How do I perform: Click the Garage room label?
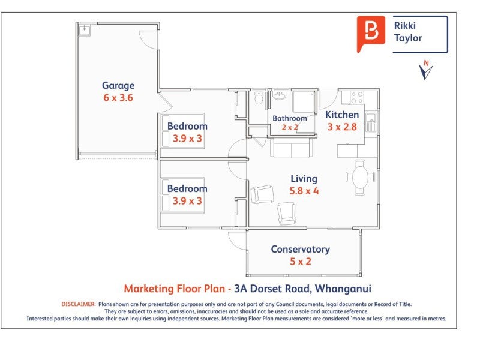click(x=118, y=85)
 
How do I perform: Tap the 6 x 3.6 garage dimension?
click(x=118, y=98)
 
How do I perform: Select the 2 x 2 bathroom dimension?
click(x=289, y=127)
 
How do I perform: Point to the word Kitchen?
click(x=342, y=115)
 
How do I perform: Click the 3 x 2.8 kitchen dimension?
click(x=342, y=127)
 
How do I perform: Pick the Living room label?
click(x=304, y=178)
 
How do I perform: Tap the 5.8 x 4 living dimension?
click(x=304, y=191)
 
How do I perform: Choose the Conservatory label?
click(x=300, y=249)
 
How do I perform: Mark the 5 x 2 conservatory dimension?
click(x=300, y=262)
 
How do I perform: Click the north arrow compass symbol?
click(x=426, y=70)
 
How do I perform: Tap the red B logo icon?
click(x=371, y=33)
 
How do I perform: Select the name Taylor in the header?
click(x=408, y=38)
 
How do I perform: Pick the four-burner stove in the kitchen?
click(x=357, y=97)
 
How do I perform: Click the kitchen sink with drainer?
click(x=372, y=122)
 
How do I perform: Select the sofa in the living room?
click(x=291, y=148)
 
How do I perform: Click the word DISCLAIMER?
click(x=78, y=304)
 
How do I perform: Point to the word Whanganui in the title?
click(x=346, y=289)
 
